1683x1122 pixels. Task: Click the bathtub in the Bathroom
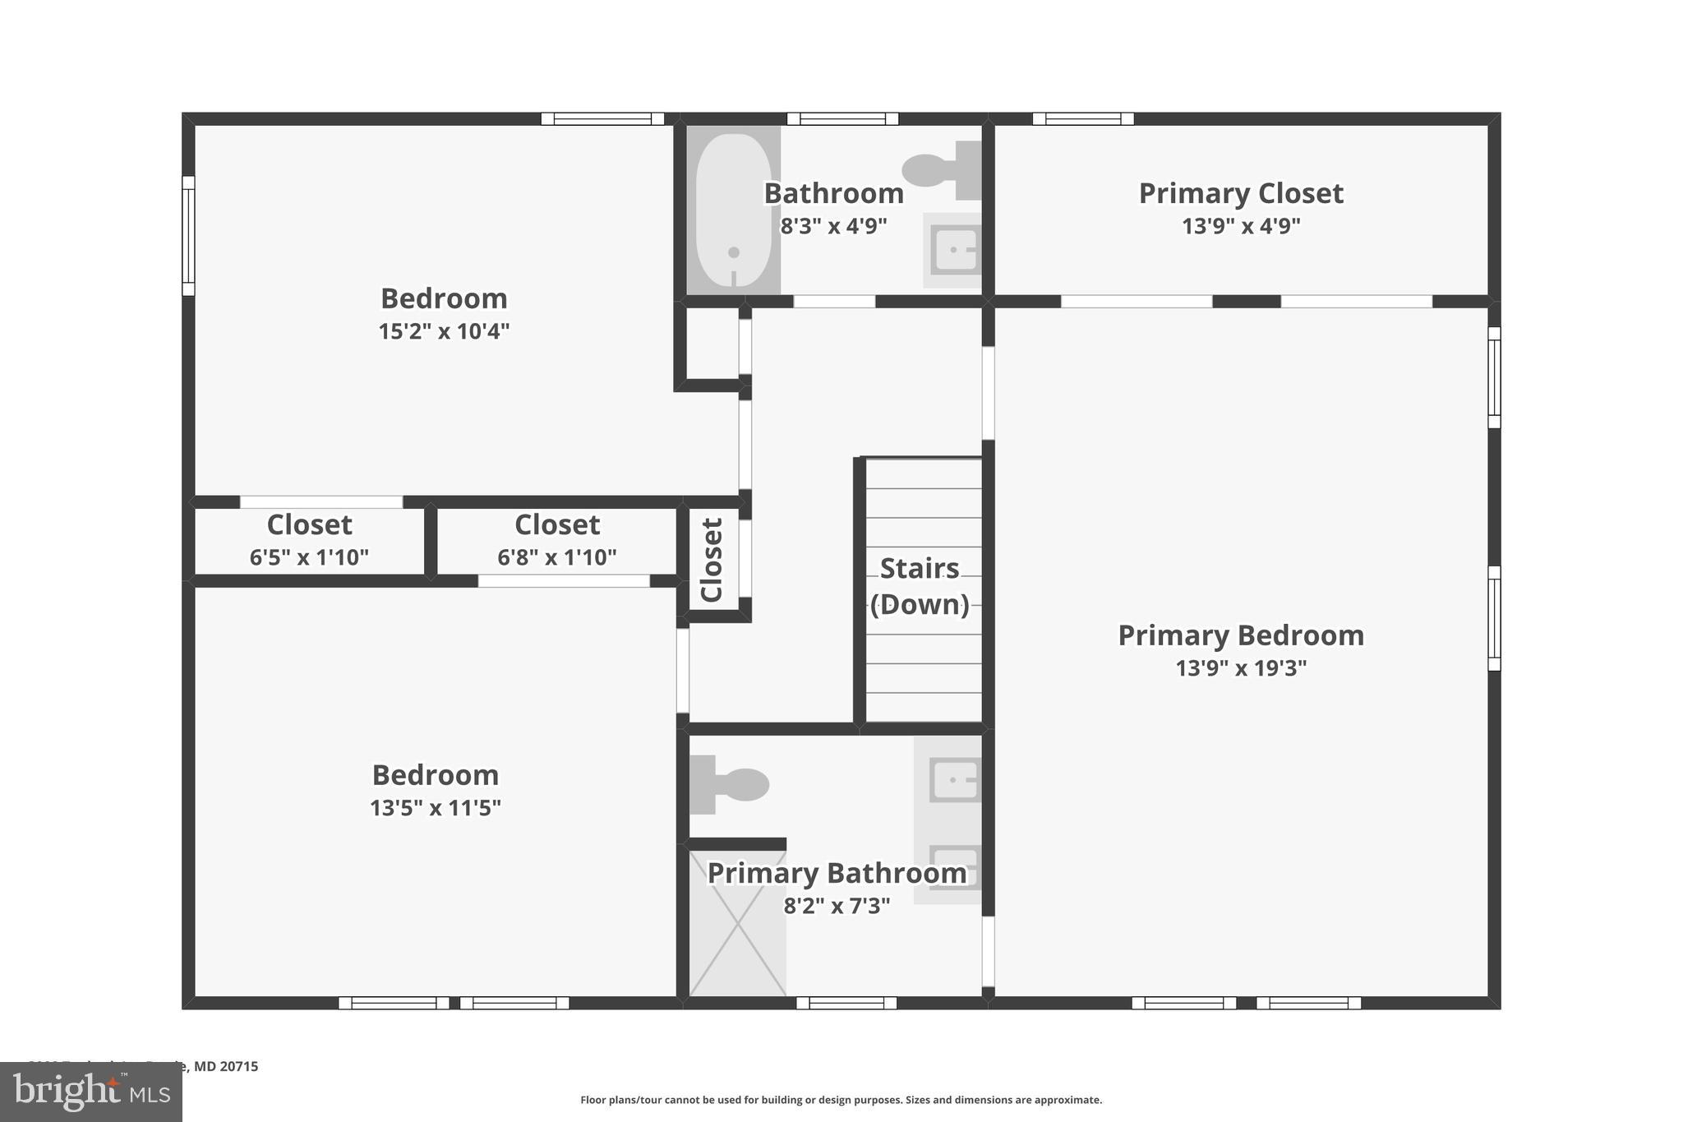733,210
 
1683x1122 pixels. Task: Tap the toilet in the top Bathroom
942,170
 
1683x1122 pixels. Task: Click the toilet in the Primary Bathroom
730,784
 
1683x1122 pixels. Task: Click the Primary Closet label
1240,194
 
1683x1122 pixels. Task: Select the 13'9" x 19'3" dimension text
1240,668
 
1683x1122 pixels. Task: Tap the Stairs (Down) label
920,586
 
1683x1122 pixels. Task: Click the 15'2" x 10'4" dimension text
444,331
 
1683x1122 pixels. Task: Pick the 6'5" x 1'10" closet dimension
309,557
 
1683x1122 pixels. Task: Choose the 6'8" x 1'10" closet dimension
556,557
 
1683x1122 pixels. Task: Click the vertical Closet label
712,559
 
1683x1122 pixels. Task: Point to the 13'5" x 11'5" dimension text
435,808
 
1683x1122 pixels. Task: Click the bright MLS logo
91,1092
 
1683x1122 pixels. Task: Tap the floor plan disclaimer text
841,1100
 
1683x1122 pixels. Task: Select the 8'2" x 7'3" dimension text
837,906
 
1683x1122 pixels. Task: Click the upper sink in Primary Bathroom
954,778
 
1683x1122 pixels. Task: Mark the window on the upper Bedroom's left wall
188,235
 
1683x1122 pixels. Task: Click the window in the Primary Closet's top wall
1082,118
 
